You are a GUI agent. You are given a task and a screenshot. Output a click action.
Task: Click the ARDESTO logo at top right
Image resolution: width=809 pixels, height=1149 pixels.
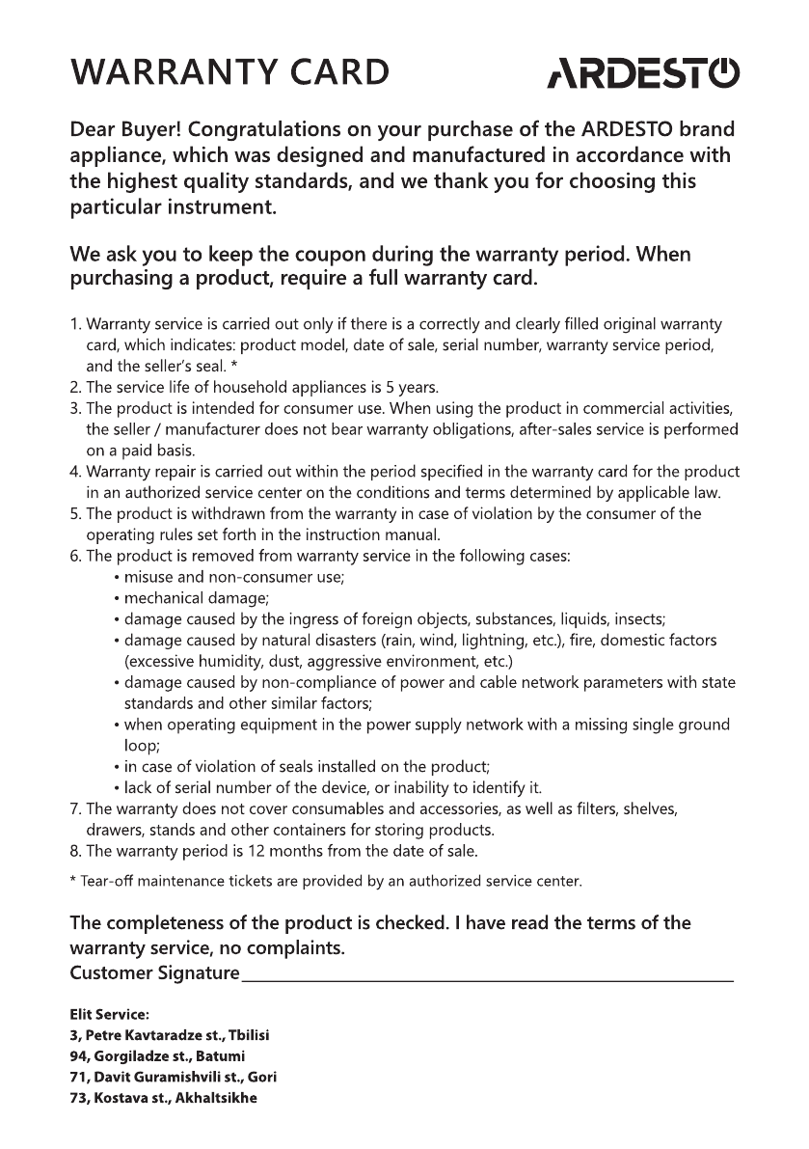click(x=643, y=73)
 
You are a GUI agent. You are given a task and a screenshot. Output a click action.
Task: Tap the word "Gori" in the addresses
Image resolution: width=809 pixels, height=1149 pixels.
click(x=262, y=1078)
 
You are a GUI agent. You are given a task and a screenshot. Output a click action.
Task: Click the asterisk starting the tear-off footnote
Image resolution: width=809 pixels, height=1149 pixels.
click(x=73, y=881)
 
